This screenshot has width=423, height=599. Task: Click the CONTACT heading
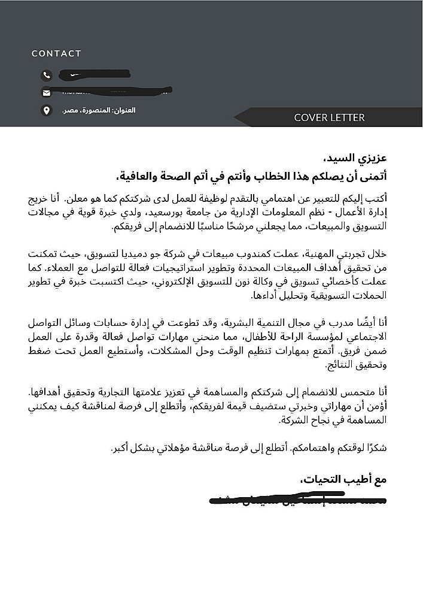(x=56, y=53)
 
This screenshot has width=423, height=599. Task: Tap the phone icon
(x=46, y=75)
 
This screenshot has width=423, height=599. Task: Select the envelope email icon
(x=46, y=92)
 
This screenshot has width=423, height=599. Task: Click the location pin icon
(x=46, y=110)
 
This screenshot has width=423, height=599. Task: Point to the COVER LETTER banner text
(x=329, y=117)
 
